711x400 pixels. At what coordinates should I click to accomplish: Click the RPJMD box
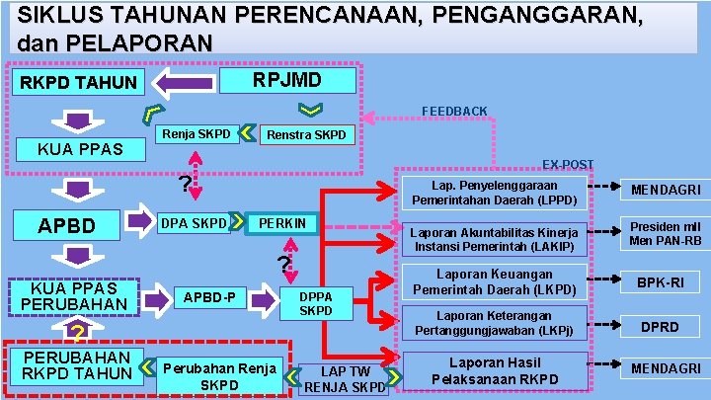point(286,80)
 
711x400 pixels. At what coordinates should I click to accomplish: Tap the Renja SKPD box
point(197,133)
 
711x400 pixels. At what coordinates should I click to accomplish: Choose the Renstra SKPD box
point(306,134)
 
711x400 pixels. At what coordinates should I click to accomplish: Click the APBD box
point(66,226)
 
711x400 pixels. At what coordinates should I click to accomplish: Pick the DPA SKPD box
point(194,223)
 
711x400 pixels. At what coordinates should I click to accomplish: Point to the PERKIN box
point(282,224)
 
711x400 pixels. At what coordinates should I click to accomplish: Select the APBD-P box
point(208,295)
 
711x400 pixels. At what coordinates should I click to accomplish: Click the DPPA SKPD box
point(316,303)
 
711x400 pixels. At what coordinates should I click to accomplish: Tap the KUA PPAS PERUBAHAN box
point(74,295)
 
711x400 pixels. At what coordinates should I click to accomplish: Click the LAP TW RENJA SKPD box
point(344,378)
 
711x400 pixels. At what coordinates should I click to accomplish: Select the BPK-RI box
point(660,282)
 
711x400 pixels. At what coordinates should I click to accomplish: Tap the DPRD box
point(660,325)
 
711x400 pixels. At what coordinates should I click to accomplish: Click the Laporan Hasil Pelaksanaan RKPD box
point(497,370)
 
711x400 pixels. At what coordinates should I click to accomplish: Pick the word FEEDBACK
point(454,111)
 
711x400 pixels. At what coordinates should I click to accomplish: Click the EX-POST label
point(568,164)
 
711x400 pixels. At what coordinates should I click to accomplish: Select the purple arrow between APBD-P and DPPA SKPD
point(263,296)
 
